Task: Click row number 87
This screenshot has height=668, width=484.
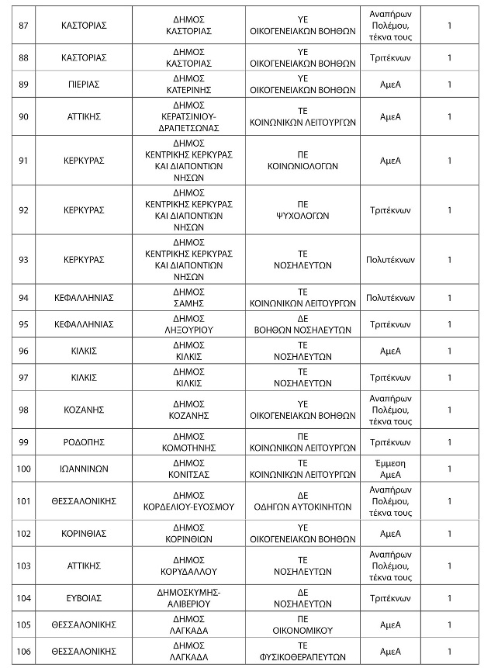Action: [23, 25]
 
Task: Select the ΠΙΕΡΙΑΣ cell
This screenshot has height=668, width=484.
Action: [84, 84]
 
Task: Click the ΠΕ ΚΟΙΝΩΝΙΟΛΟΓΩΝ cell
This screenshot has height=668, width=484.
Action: [303, 161]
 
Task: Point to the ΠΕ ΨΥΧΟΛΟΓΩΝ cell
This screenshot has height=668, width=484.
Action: [303, 209]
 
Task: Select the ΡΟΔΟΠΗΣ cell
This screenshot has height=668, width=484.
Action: [84, 442]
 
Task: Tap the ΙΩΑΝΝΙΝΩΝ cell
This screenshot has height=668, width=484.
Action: [84, 469]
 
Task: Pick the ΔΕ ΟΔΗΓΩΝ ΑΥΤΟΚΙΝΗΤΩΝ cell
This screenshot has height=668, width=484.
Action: [303, 500]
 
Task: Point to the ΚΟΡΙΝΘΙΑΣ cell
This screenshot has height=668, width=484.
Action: [84, 533]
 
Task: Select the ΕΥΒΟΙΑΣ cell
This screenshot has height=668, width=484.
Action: [84, 598]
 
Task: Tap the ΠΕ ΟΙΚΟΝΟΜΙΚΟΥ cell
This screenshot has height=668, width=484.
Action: [303, 625]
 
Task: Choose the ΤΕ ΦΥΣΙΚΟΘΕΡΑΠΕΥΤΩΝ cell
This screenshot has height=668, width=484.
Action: [303, 650]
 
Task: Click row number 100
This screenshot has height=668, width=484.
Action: [23, 469]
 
